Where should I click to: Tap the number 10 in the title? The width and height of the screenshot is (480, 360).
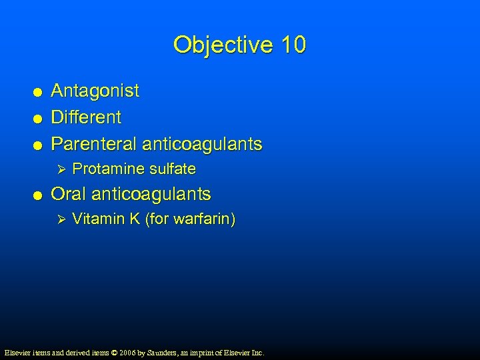pos(293,45)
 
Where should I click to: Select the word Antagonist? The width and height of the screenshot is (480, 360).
pos(95,91)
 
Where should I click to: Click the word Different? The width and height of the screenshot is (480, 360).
pos(86,117)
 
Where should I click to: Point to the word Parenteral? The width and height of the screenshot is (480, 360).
pos(93,144)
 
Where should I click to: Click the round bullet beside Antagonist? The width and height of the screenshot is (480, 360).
pos(39,92)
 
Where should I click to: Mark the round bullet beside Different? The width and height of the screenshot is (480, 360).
pos(39,119)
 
